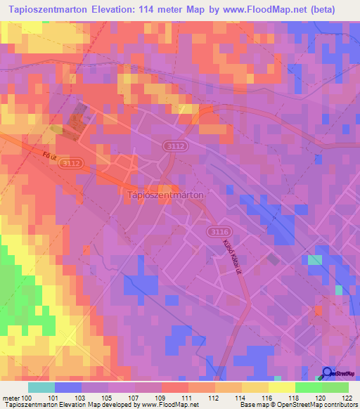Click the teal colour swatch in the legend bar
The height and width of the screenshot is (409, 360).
pos(41,387)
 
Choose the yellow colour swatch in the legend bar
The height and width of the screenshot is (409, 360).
pos(281,387)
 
